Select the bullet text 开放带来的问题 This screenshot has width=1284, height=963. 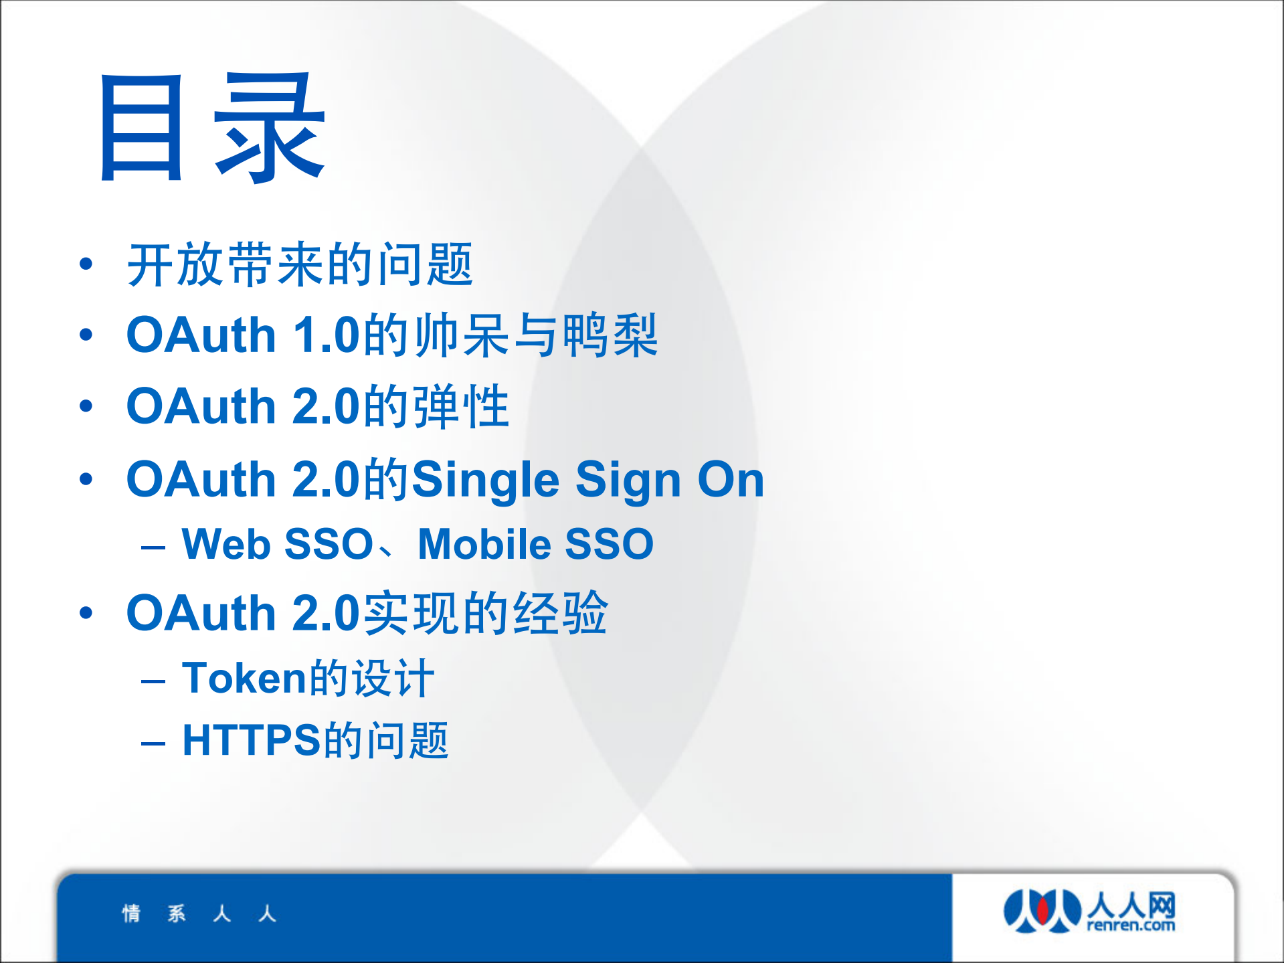[x=300, y=265]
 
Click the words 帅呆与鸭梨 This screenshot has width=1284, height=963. [x=536, y=335]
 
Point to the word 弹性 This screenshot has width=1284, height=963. [x=461, y=406]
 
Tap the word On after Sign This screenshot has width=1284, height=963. [x=731, y=479]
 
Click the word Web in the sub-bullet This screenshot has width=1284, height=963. [x=226, y=543]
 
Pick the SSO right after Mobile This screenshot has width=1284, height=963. [x=609, y=543]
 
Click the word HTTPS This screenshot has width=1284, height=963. [x=252, y=741]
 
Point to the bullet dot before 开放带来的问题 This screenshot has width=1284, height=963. [x=86, y=264]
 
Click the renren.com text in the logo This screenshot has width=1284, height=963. [x=1131, y=926]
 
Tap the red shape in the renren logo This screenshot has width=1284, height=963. [x=1042, y=909]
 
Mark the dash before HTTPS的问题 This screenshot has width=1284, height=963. [x=153, y=743]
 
